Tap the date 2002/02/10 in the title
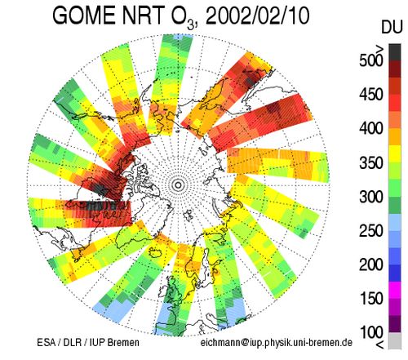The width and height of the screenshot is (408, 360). pos(258,16)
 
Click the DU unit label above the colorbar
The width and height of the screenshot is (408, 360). pos(391,27)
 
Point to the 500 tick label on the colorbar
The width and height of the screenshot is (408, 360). pos(370,60)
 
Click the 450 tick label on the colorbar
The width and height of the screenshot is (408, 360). pos(370,95)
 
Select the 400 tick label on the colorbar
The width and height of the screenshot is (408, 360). pos(370,128)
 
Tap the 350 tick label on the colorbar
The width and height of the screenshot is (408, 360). pos(370,162)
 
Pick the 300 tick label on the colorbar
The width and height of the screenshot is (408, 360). pos(370,197)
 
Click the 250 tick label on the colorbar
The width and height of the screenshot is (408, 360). pos(370,230)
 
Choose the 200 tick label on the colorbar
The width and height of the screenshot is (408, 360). pos(370,264)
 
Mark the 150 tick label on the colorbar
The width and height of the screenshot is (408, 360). pos(370,299)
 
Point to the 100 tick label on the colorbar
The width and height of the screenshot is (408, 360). pos(370,332)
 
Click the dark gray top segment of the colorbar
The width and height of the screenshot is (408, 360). pos(395,52)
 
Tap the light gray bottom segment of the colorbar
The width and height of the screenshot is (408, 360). pos(395,340)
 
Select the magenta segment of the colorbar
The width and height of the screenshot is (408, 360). pos(395,290)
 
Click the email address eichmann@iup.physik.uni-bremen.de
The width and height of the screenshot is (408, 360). pos(277,343)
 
